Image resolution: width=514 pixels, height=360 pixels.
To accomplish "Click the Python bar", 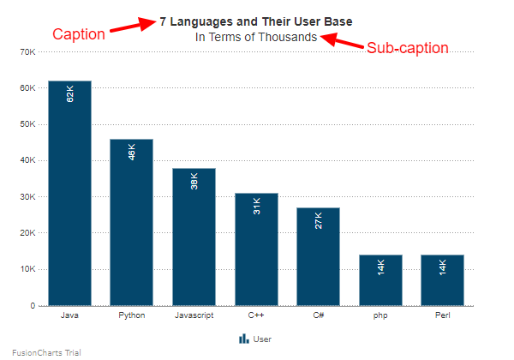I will (131, 222).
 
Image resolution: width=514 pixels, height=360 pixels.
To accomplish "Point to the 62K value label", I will (70, 93).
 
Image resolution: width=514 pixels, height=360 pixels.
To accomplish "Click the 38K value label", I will (194, 181).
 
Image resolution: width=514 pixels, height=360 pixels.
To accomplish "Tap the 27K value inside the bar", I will (319, 220).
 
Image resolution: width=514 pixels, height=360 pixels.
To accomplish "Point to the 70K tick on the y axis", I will (27, 52).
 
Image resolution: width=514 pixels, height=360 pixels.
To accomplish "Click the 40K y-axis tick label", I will (27, 160).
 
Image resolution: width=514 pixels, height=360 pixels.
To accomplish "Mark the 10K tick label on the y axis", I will (27, 269).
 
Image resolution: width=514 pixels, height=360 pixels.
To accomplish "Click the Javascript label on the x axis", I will (194, 315).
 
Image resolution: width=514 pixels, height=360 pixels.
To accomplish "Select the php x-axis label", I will (380, 315).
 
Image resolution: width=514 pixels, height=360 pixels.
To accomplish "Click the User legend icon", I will (243, 339).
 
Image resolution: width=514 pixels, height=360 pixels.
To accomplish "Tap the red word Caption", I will (79, 34).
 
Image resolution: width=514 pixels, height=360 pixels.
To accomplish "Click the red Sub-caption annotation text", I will (408, 48).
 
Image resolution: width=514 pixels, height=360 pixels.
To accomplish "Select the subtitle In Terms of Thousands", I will (256, 37).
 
